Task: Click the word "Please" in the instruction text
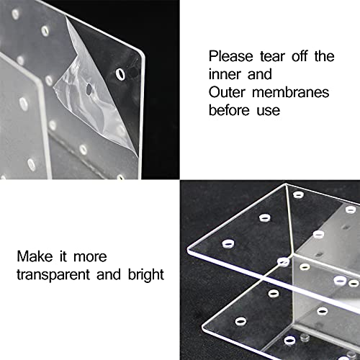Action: click(230, 57)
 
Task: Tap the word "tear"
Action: click(272, 57)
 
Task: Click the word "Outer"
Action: click(227, 92)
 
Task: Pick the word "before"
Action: click(229, 110)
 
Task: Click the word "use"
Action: click(269, 111)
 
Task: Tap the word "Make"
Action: click(35, 256)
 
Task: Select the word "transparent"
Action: click(53, 275)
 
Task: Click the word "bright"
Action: click(146, 275)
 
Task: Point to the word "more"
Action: click(90, 257)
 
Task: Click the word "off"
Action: click(300, 57)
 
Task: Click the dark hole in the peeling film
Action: click(89, 89)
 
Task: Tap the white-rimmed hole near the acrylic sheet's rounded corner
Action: click(120, 74)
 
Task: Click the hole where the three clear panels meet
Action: click(284, 262)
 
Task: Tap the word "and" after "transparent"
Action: click(109, 274)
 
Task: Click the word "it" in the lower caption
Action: click(63, 256)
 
